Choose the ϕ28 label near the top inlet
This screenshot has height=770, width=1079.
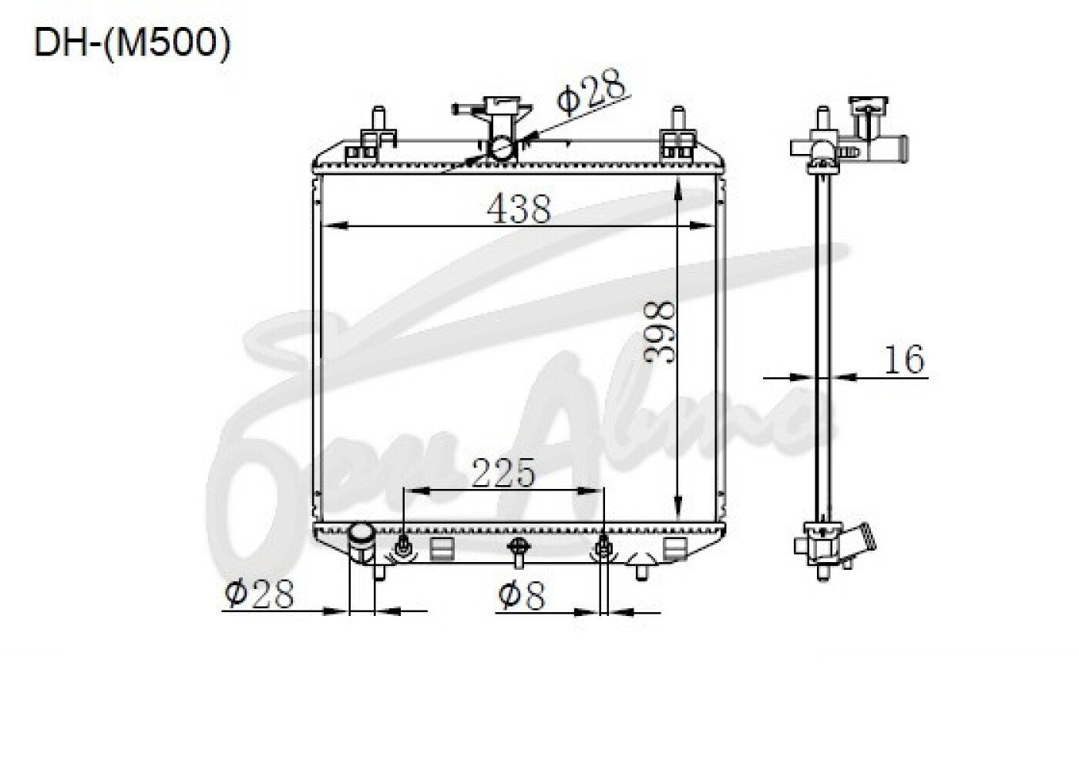pyautogui.click(x=592, y=93)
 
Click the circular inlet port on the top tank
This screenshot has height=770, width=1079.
pyautogui.click(x=502, y=149)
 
